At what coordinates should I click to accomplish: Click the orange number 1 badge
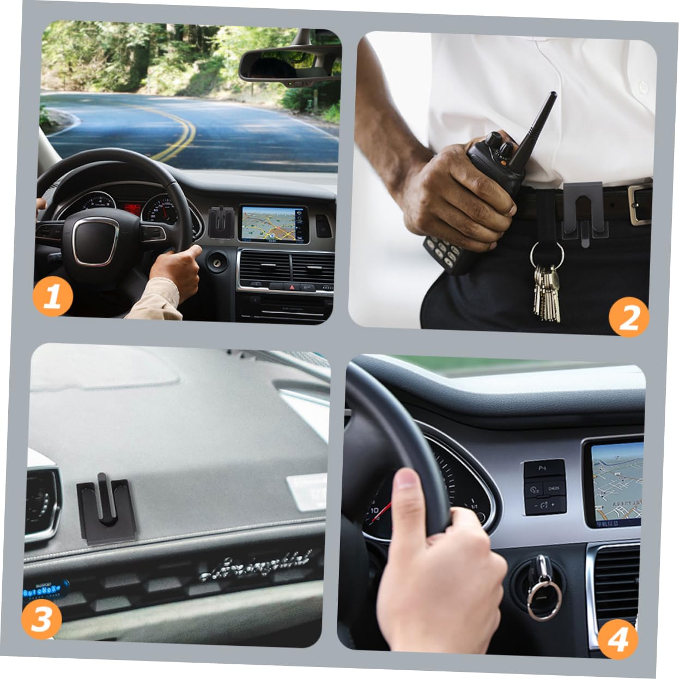point(52,296)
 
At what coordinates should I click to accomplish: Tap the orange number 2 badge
point(628,317)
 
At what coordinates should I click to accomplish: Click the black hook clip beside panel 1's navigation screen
point(222,221)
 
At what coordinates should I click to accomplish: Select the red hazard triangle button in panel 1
point(292,286)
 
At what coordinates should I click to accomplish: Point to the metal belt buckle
point(639,204)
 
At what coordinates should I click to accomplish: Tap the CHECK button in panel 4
point(554,488)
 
